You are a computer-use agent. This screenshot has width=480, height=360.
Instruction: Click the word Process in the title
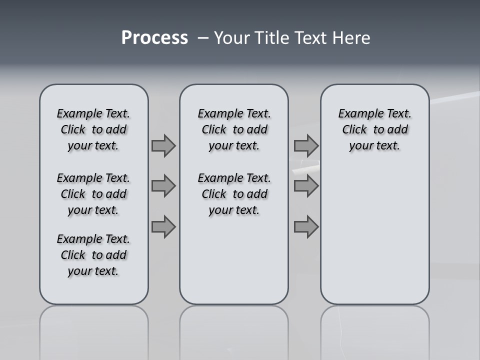(154, 38)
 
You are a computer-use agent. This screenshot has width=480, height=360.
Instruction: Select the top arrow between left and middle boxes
(163, 145)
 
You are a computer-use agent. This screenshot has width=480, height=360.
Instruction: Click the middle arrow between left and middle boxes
(163, 186)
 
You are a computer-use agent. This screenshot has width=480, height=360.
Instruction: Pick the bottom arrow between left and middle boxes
(163, 227)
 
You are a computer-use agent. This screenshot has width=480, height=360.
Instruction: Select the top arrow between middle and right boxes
(306, 145)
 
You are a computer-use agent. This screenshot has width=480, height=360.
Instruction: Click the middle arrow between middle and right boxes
(306, 186)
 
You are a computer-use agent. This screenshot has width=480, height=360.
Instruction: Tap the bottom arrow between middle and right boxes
(306, 227)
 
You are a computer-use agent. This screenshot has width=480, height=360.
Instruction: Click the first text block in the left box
(93, 129)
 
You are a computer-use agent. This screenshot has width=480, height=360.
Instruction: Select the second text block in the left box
(93, 194)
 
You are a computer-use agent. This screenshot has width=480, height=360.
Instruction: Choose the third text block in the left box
(93, 255)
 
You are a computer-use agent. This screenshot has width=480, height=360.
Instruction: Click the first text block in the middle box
(234, 129)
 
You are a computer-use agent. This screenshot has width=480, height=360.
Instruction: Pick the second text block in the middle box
(234, 194)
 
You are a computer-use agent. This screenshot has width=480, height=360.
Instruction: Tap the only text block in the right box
(374, 129)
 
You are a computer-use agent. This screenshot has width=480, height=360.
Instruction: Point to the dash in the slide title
(203, 38)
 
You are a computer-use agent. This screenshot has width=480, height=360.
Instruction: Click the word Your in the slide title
(231, 38)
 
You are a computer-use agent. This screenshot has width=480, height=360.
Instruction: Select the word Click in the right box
(354, 130)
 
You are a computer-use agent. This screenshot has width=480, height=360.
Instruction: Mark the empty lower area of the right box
(374, 235)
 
